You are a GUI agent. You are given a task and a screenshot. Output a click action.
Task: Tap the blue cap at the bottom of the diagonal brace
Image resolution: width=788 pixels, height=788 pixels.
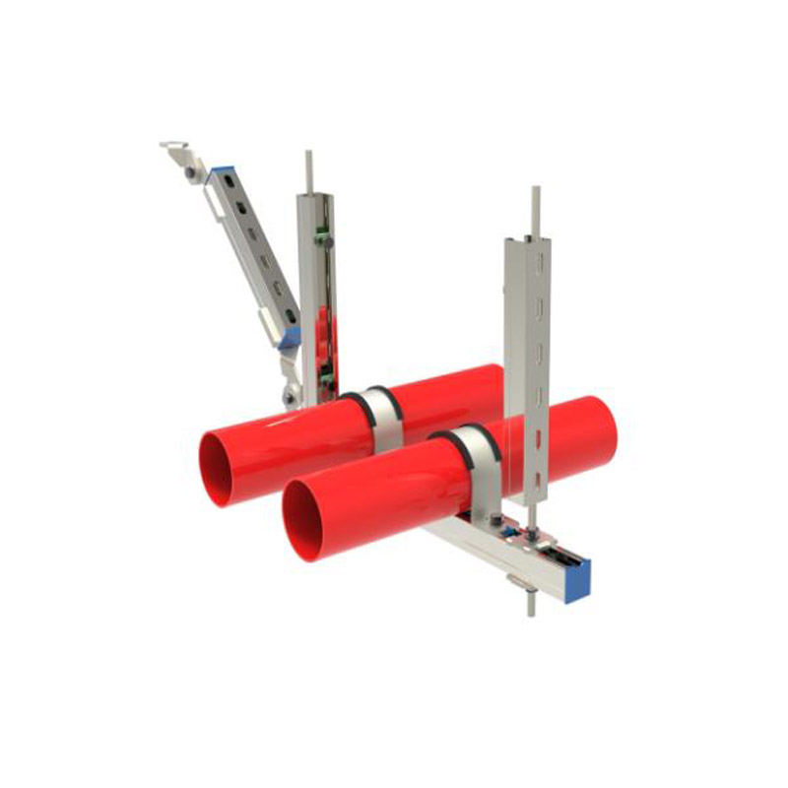pyautogui.click(x=290, y=339)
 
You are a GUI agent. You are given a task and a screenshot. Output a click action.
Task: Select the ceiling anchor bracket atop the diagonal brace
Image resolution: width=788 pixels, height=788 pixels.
pyautogui.click(x=177, y=153)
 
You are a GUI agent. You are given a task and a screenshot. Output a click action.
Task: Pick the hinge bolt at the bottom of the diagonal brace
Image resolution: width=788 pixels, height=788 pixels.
pyautogui.click(x=289, y=396)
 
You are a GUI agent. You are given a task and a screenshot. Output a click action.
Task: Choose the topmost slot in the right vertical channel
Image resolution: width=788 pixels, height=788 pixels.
pyautogui.click(x=537, y=265)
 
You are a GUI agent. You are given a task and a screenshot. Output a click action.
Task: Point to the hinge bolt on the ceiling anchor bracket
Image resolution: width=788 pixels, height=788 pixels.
pyautogui.click(x=188, y=171)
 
